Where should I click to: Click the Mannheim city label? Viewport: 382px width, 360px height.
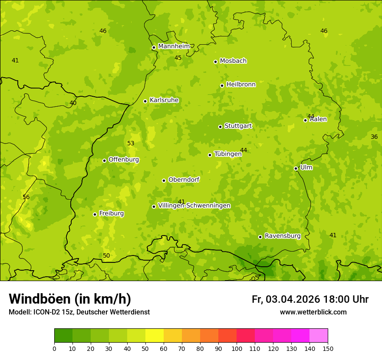point(174,46)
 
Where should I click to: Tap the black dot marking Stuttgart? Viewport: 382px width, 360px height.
point(220,127)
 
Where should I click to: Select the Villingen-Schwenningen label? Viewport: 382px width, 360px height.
point(194,206)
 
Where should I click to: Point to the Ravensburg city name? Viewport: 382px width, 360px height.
point(283,236)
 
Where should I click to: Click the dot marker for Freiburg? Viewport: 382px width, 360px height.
point(95,214)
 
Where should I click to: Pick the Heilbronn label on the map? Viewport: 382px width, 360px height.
point(241,85)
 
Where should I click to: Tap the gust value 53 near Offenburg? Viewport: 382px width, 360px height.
point(131,143)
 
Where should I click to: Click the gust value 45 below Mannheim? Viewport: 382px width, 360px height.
point(178,58)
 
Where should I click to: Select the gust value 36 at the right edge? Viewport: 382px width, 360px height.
point(374,137)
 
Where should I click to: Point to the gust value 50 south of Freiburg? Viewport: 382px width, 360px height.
point(106,255)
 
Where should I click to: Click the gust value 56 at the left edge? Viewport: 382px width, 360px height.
point(26,197)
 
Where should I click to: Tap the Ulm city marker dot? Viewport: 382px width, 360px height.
point(296,168)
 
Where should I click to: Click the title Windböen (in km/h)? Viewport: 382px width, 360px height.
point(70,299)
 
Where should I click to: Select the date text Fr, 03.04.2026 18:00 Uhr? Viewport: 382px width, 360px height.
point(310,299)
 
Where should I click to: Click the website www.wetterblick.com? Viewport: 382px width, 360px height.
point(313,312)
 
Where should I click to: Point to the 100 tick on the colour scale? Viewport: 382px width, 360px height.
point(237,348)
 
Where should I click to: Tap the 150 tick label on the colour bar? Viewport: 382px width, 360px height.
point(327,348)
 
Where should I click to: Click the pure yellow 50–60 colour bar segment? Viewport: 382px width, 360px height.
point(155,336)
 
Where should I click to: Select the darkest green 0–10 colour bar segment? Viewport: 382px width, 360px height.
point(63,336)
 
